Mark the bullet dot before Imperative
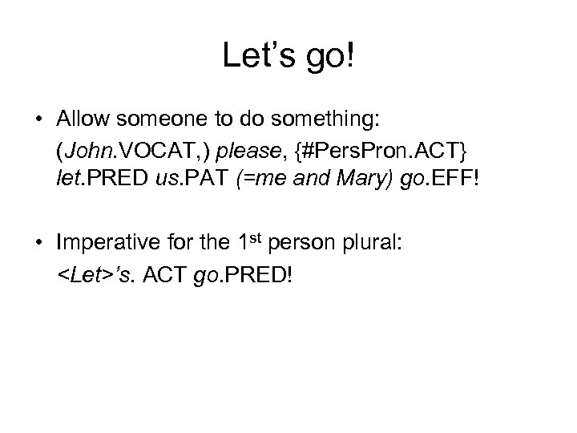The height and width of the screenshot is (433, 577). coord(38,244)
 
